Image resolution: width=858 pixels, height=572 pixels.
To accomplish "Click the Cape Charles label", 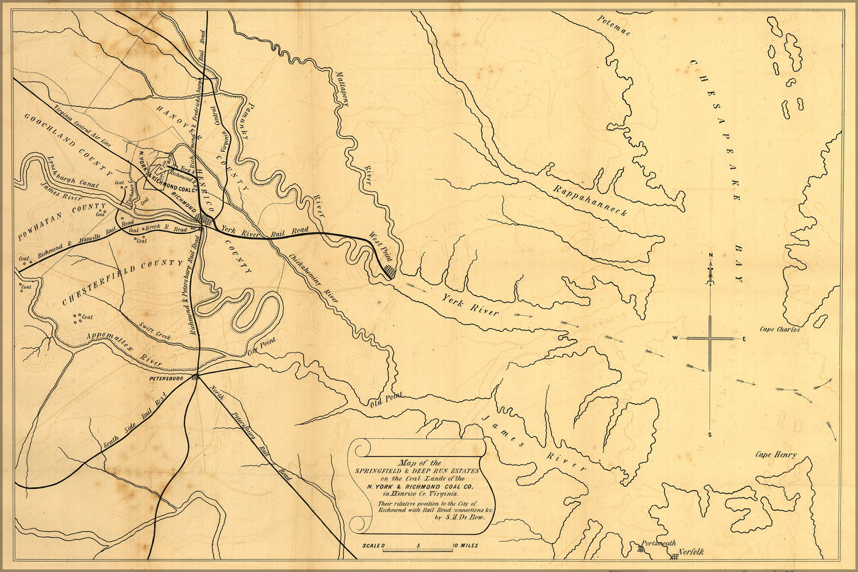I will (780, 329).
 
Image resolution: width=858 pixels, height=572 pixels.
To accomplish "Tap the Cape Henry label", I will (776, 455).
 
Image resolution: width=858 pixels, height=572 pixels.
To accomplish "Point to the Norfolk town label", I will (691, 553).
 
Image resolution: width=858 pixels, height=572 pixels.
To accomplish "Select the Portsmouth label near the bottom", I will (658, 543).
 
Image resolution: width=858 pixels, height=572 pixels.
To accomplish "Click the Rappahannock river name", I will (590, 200).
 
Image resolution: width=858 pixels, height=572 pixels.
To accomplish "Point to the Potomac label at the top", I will (613, 26).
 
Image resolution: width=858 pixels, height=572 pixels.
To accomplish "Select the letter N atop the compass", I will (710, 255).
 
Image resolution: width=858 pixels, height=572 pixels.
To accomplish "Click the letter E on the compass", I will (744, 339).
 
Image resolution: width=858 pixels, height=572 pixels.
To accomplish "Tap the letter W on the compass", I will (676, 339).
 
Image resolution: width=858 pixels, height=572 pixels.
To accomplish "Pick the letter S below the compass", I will (710, 435).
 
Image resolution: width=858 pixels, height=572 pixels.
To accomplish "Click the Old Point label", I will (386, 399).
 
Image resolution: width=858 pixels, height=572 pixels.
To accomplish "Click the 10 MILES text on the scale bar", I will (465, 546).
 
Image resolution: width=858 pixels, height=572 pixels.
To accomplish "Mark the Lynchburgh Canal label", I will (73, 171).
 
